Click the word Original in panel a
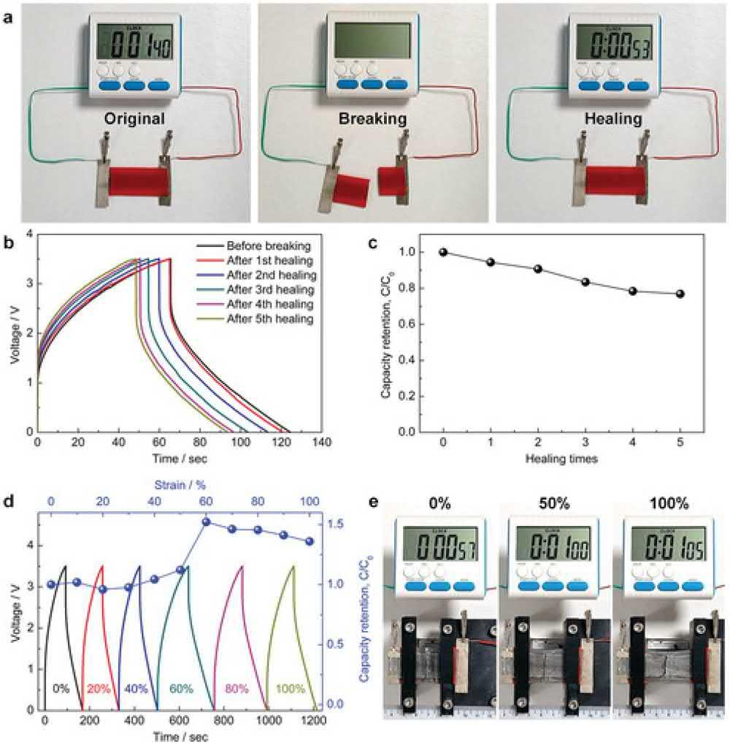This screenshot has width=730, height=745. [x=134, y=119]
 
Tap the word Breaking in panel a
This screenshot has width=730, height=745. [x=372, y=119]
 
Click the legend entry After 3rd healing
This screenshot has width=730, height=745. [x=271, y=289]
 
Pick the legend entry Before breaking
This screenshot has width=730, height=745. [x=268, y=245]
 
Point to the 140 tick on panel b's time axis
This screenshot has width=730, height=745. [x=322, y=443]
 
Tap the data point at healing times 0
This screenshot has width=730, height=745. [x=443, y=252]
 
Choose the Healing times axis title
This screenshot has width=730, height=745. [x=561, y=459]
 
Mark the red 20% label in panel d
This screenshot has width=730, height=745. [x=99, y=688]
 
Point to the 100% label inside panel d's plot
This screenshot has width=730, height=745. [x=291, y=688]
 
